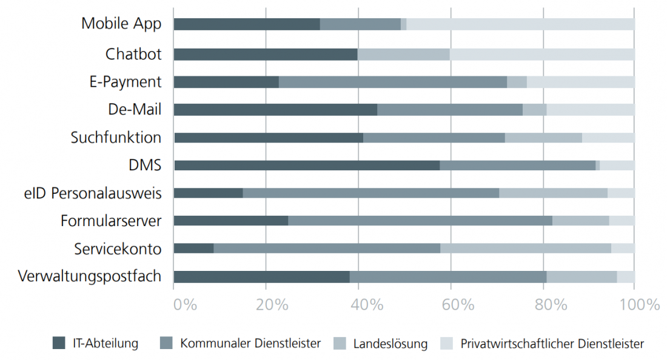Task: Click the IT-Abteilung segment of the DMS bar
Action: (306, 165)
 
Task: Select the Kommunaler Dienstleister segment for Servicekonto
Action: (327, 248)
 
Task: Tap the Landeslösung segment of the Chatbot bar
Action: (403, 55)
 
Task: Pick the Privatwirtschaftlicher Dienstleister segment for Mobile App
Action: (520, 24)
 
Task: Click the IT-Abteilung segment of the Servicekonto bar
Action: (193, 248)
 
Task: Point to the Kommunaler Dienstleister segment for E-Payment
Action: (392, 82)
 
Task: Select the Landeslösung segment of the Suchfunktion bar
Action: (543, 138)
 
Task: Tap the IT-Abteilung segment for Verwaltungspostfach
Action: (261, 276)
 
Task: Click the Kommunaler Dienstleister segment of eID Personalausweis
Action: (370, 193)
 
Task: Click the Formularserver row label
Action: (111, 221)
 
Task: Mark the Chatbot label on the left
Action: (133, 55)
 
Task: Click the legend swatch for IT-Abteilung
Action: (59, 343)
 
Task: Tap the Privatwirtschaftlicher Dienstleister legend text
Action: (552, 344)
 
